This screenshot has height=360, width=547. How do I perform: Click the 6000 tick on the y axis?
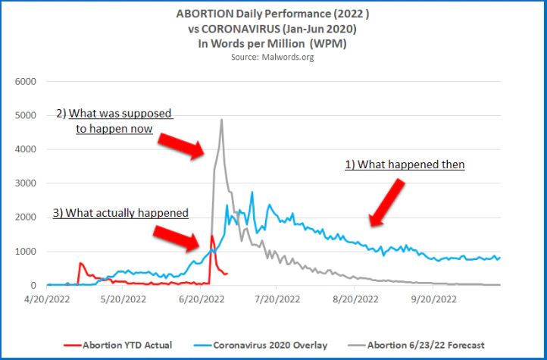[26, 81]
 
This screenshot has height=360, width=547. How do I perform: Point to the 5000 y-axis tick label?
[26, 115]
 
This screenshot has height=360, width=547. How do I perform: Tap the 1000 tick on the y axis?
[26, 252]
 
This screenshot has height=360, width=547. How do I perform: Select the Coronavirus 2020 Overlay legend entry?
[270, 345]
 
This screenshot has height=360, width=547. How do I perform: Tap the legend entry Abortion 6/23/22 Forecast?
[425, 345]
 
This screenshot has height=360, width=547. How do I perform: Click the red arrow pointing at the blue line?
[391, 202]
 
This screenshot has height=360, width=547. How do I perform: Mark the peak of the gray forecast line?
[221, 120]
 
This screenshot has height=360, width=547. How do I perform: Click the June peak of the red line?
[211, 236]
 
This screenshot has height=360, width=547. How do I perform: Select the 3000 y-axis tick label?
[26, 183]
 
